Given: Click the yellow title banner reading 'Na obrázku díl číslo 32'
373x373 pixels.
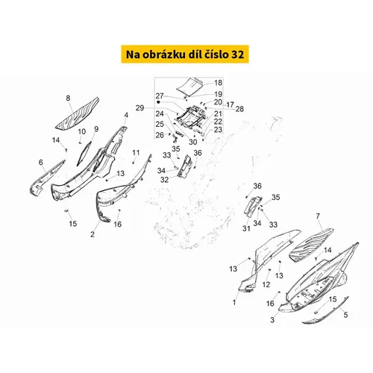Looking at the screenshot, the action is [185, 54].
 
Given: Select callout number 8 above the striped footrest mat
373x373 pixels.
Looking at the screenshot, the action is [68, 98].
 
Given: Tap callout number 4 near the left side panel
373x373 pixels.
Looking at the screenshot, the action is [126, 115].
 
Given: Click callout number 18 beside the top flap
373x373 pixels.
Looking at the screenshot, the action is [218, 83].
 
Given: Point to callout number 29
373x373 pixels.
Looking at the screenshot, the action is [140, 108].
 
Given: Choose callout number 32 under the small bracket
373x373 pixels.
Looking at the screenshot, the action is [164, 180].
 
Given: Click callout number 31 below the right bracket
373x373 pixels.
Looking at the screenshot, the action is [246, 228].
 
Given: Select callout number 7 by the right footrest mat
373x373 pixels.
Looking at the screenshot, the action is [318, 216].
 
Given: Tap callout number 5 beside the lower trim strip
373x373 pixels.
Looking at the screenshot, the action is [345, 315].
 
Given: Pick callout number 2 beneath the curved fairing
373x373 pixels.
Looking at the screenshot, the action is [93, 234].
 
